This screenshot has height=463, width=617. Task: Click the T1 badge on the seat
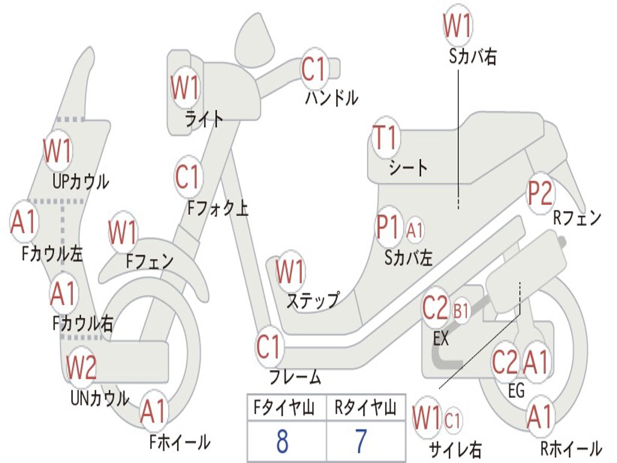coord(386,139)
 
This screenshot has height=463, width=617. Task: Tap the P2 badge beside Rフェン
coord(540,193)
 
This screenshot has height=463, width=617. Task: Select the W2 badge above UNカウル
coord(81,367)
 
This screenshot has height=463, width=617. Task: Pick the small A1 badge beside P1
coord(415,230)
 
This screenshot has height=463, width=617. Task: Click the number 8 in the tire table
coord(282,442)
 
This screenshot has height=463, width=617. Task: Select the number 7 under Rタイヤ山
coord(360,442)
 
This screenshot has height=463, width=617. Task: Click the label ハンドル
coord(331,98)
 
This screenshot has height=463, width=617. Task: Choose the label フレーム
coord(295,377)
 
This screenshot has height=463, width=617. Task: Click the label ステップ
coord(312,300)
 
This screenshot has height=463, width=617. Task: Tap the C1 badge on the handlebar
coord(313,70)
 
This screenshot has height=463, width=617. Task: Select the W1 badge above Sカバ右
coord(457,25)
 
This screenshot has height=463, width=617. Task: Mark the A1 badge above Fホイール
coord(153,413)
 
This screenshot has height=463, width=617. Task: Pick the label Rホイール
coord(570,449)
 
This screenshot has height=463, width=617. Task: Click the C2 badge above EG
coord(505,362)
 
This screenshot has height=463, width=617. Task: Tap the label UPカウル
coord(81,181)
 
